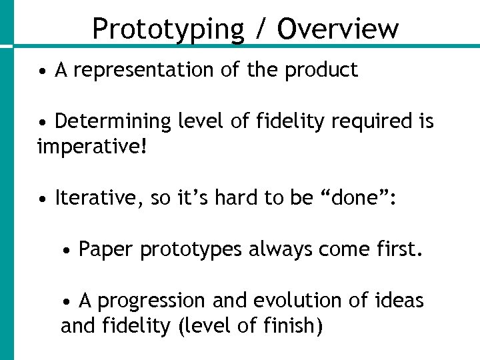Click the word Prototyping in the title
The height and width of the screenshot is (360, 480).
tap(169, 29)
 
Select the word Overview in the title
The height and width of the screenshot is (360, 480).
tap(337, 29)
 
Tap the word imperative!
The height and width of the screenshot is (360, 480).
tap(91, 146)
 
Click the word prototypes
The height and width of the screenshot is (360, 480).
tap(192, 251)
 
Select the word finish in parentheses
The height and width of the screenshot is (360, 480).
tap(290, 327)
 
